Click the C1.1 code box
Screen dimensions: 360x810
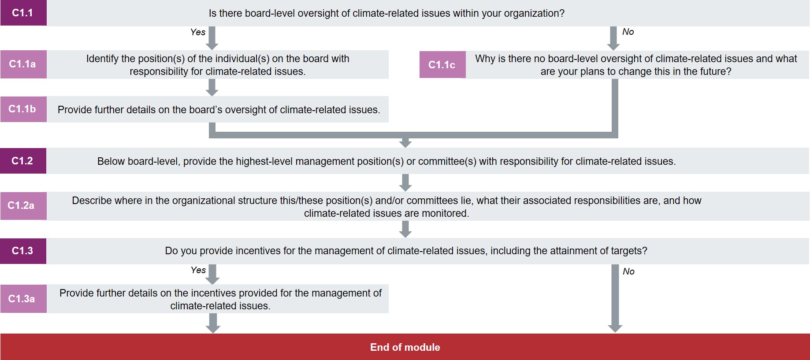click(23, 13)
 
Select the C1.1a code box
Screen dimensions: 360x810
click(23, 64)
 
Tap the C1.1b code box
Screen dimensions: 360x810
click(23, 109)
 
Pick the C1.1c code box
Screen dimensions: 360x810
click(442, 65)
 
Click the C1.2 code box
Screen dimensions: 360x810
click(23, 161)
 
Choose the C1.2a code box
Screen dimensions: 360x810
click(23, 205)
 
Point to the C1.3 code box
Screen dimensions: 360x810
click(23, 251)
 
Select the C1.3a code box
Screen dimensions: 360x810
click(23, 299)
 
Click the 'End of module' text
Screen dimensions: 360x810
click(405, 347)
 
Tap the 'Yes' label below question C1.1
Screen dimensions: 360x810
click(198, 32)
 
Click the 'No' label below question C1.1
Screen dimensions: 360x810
click(628, 32)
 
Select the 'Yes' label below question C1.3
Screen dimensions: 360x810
click(198, 270)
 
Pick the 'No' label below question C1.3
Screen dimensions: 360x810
click(628, 271)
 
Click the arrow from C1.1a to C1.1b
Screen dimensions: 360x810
click(212, 87)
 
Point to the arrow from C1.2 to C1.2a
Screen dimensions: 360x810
click(405, 182)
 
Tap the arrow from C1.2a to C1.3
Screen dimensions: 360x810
click(405, 229)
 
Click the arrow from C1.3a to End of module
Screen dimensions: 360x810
click(213, 323)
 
